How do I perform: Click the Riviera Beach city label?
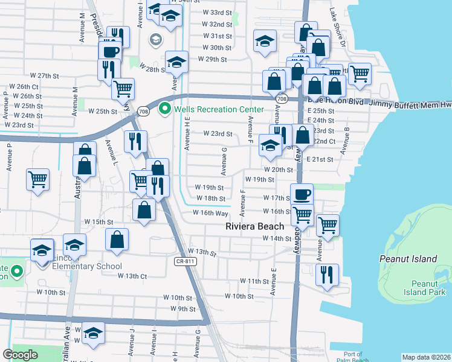tap(254, 226)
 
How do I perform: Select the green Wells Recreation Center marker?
tap(163, 109)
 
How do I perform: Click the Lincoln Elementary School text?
tap(79, 266)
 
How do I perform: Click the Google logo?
tap(21, 355)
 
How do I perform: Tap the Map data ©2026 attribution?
tap(426, 357)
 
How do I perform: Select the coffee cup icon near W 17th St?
tap(302, 194)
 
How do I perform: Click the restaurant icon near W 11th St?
tap(327, 275)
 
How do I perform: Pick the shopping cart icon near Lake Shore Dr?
tap(360, 74)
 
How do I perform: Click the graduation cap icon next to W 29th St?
tap(176, 62)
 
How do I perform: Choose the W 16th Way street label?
tap(210, 213)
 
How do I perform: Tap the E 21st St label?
tap(320, 159)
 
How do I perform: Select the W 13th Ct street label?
tap(124, 276)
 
